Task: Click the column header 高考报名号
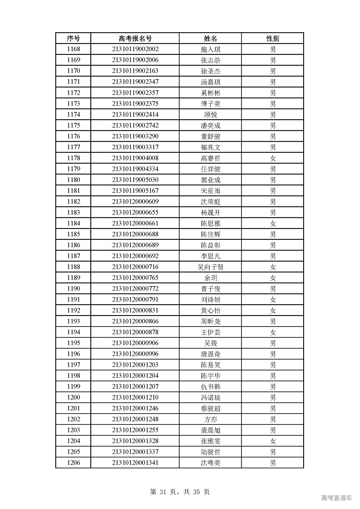pos(135,38)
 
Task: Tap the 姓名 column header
pos(210,38)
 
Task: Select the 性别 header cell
pos(273,38)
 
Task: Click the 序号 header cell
pos(73,38)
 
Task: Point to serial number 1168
pos(73,49)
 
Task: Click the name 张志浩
pos(210,60)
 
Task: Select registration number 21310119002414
pos(135,114)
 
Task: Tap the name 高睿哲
pos(210,158)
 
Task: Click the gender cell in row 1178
pos(273,158)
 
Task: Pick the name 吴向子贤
pos(210,267)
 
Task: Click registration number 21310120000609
pos(135,202)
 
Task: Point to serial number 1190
pos(73,289)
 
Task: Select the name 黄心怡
pos(210,310)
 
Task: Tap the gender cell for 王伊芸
pos(273,332)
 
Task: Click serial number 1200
pos(73,397)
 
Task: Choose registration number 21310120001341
pos(135,463)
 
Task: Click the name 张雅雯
pos(210,441)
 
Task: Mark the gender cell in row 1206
pos(273,463)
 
